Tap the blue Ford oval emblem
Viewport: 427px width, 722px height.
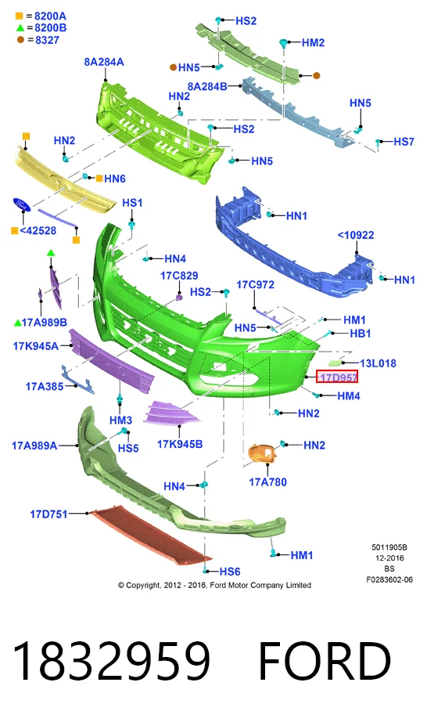22,204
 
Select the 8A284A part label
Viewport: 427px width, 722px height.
104,62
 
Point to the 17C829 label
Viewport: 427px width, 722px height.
179,276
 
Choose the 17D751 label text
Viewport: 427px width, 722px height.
48,514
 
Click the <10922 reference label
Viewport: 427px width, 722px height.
356,235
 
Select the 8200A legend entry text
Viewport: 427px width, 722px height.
51,16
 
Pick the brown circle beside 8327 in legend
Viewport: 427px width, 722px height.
20,40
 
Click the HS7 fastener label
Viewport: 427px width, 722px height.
404,142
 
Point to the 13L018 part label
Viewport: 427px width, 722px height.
378,363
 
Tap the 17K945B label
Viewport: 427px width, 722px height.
180,444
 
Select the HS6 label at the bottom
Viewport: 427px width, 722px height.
230,572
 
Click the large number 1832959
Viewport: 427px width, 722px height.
111,661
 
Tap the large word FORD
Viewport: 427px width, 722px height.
325,661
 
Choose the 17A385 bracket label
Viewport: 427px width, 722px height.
44,386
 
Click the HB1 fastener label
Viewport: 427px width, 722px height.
361,333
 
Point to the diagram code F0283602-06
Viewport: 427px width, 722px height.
389,579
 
